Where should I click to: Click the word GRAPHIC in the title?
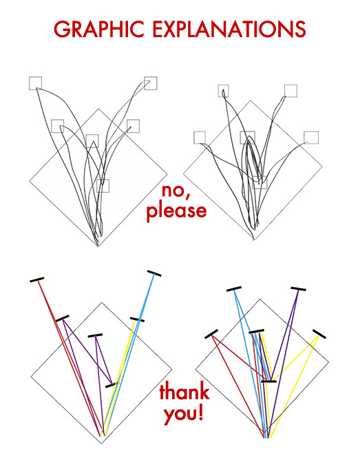click(99, 29)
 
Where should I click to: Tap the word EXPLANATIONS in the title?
click(229, 29)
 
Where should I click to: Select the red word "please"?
click(176, 211)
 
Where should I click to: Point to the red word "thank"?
click(184, 392)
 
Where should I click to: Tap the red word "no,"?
click(176, 191)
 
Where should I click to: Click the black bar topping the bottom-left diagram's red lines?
click(37, 279)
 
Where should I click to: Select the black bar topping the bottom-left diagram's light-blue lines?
click(154, 273)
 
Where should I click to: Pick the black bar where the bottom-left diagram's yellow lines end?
click(137, 319)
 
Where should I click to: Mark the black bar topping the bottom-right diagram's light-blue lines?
click(234, 289)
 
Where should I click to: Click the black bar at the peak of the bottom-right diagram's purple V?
click(299, 289)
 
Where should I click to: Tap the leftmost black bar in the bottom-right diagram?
click(211, 334)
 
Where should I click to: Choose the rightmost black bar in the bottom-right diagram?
click(319, 334)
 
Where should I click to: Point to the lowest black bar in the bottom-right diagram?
click(269, 381)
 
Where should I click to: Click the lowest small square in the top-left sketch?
click(103, 186)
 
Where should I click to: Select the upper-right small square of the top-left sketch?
click(151, 83)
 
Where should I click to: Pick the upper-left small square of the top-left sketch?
click(35, 83)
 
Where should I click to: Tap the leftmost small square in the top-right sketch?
click(200, 138)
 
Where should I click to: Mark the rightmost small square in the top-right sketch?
click(311, 138)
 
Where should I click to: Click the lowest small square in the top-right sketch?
click(260, 182)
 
